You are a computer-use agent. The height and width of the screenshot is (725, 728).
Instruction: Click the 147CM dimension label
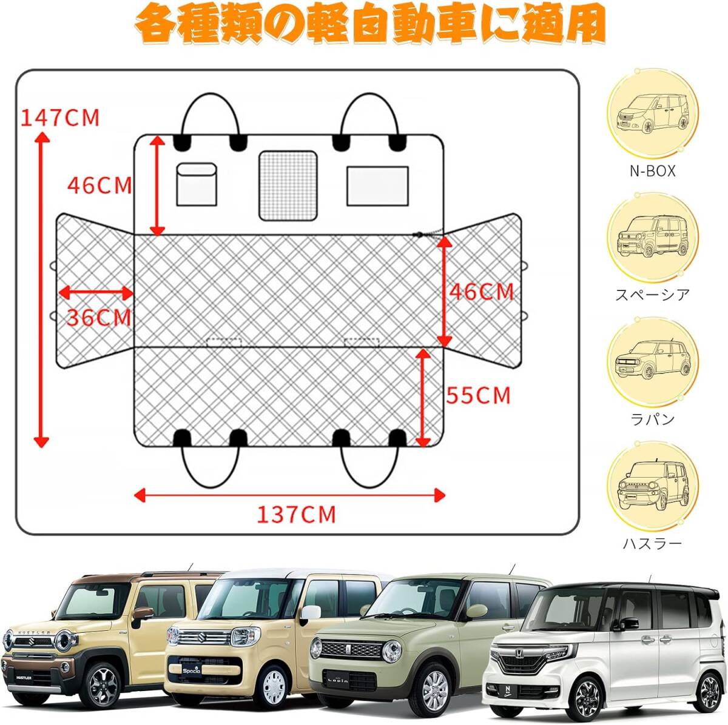tap(59, 117)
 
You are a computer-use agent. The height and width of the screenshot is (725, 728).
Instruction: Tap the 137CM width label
tap(295, 515)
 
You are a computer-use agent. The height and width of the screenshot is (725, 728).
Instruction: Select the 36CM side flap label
tap(98, 317)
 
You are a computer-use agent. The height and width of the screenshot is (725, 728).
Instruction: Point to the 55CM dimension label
tap(479, 395)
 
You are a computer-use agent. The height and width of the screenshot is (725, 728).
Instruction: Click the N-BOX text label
tap(652, 172)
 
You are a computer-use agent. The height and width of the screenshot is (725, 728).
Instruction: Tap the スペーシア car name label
tap(652, 295)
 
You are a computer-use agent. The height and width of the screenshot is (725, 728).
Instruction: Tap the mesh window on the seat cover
tap(288, 185)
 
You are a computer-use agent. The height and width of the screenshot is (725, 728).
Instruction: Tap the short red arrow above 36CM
tap(96, 293)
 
